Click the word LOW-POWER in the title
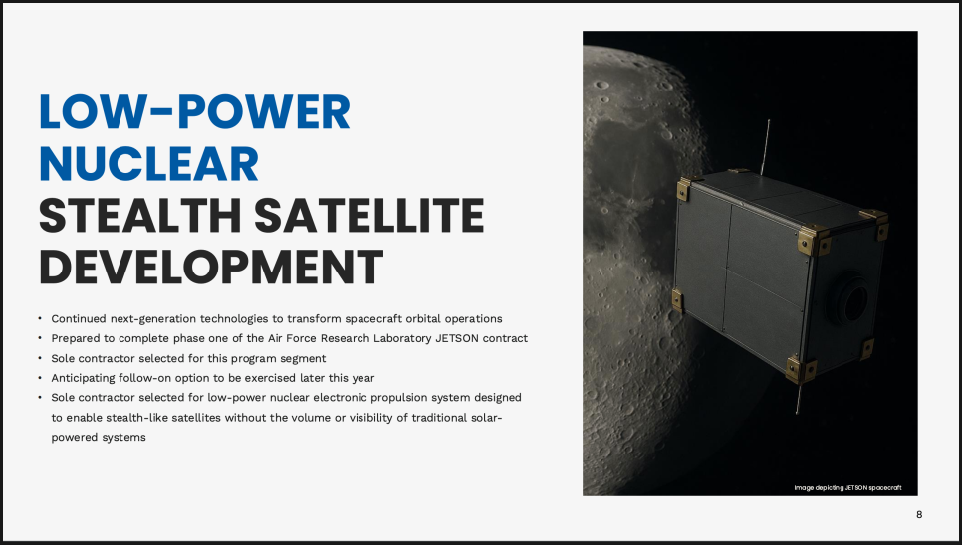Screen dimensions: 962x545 194,112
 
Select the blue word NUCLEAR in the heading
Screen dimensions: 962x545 148,164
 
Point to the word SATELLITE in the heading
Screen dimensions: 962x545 368,216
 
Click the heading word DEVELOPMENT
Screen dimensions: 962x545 211,267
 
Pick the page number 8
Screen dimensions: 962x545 919,514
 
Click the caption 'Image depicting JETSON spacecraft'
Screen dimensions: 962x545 847,488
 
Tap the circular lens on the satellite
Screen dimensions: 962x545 850,298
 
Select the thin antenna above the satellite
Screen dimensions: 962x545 765,147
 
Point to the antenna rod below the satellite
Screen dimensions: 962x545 799,397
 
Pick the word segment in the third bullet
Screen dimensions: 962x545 303,358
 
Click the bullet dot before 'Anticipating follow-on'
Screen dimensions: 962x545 40,378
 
